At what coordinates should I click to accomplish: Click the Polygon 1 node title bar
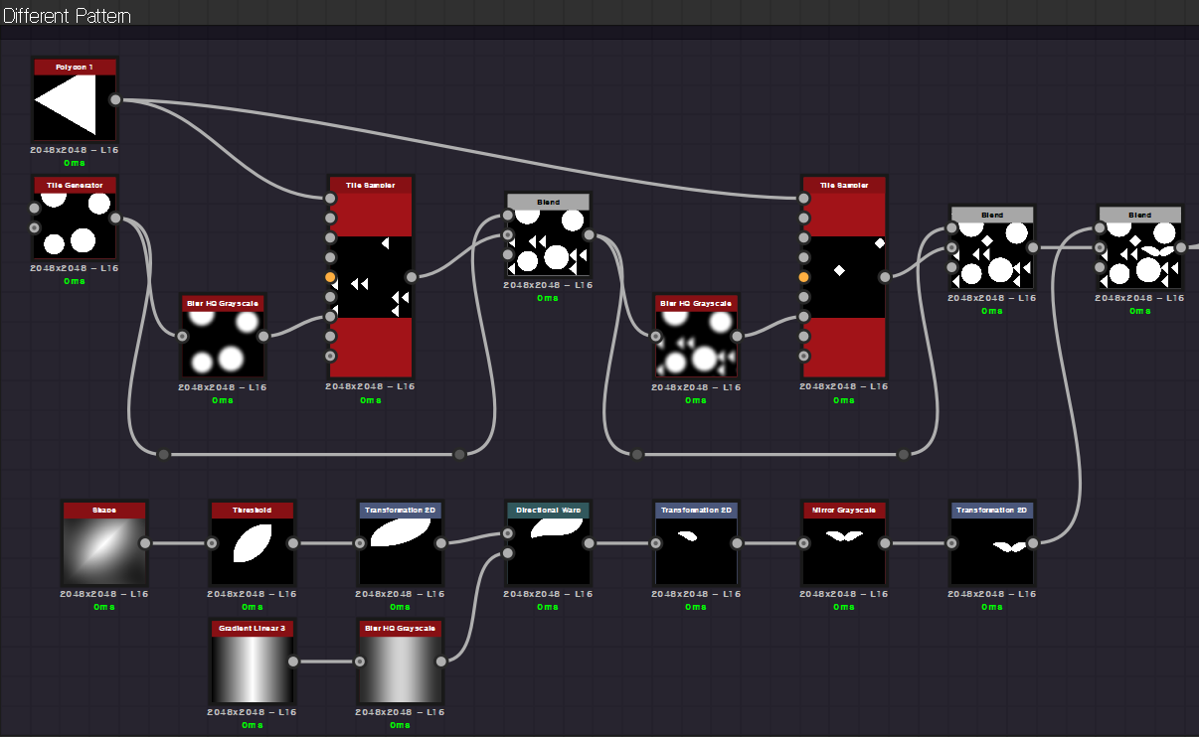pos(75,67)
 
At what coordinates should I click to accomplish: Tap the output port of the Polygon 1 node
pos(115,99)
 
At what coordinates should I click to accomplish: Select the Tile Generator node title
pos(75,185)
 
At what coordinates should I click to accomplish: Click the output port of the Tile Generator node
pos(115,219)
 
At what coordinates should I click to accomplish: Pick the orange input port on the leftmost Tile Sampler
pos(330,277)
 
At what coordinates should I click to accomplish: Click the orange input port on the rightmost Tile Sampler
pos(803,277)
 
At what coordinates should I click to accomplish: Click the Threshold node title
pos(252,510)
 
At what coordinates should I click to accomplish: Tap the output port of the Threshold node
pos(292,543)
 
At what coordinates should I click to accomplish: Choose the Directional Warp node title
pos(548,510)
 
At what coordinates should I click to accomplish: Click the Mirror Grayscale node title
pos(843,510)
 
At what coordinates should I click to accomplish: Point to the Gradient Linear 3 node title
pos(252,628)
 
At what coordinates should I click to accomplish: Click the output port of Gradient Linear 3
pos(292,662)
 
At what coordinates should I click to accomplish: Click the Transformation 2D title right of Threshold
pos(400,510)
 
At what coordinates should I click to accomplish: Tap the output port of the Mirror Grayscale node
pos(885,543)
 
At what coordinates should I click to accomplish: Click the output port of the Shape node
pos(145,543)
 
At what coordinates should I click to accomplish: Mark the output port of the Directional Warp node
pos(590,543)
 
